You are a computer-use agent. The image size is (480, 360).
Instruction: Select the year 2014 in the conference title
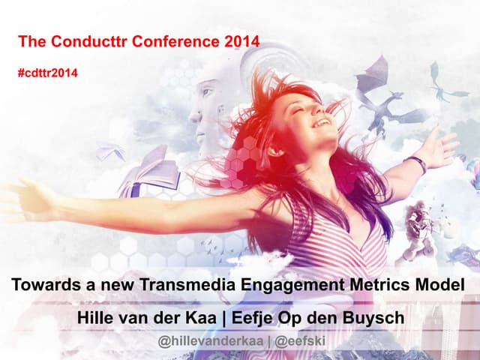click(242, 42)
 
